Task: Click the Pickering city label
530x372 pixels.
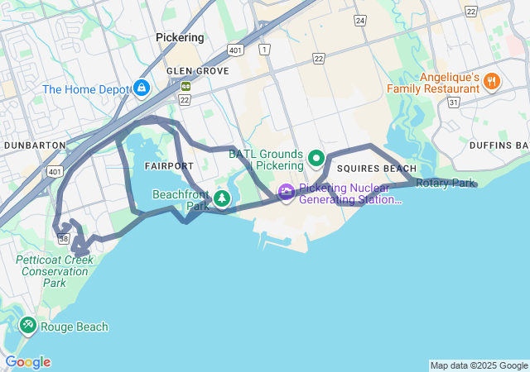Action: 180,38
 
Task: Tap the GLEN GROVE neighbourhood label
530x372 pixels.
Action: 197,71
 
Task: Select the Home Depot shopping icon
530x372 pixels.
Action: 142,87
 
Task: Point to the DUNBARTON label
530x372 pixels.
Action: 35,145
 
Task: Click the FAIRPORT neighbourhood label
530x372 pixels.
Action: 168,166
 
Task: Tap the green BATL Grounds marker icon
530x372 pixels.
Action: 316,157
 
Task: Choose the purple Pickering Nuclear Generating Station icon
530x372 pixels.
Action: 287,192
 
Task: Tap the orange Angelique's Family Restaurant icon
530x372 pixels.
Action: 492,80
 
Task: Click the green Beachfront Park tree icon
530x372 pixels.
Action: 221,198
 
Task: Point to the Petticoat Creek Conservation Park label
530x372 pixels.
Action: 55,271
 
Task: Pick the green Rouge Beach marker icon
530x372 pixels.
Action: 27,325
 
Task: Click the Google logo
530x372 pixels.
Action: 27,362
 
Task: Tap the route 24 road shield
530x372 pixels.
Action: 359,19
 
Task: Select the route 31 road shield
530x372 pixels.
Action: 453,102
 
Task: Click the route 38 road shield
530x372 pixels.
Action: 64,239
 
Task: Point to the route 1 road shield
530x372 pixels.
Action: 264,50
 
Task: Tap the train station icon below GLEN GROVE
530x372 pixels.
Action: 186,85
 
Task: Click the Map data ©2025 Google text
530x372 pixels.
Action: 479,365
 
